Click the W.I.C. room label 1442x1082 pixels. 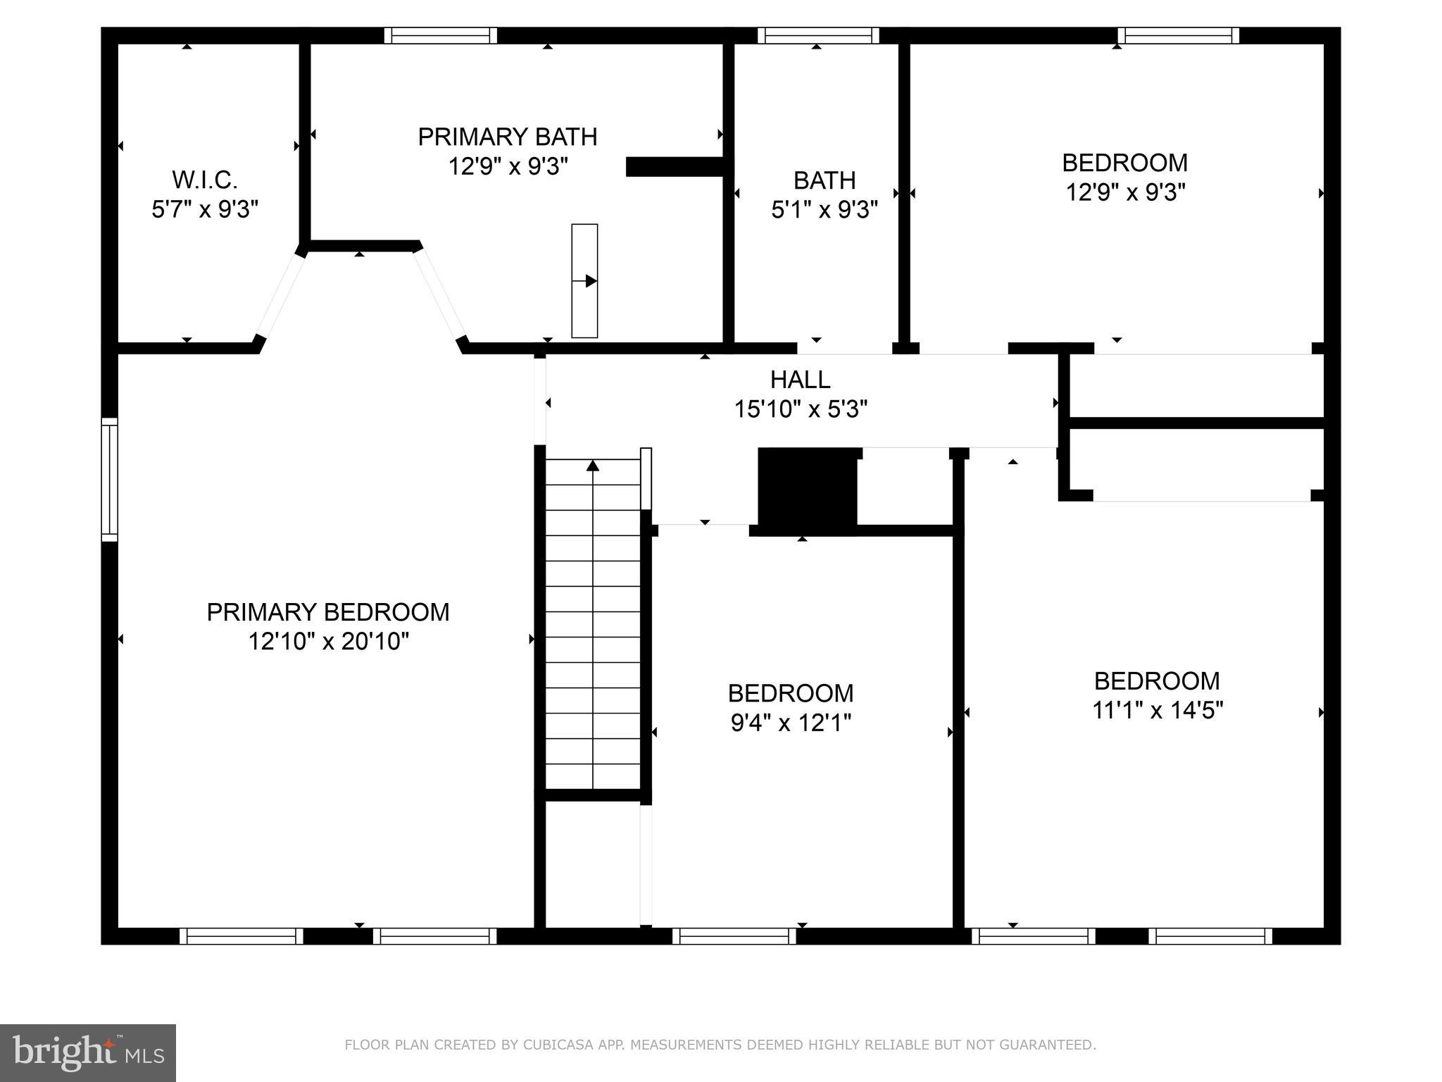(x=205, y=180)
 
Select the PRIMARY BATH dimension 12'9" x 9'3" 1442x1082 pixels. (x=508, y=167)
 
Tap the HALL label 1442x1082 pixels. (x=800, y=380)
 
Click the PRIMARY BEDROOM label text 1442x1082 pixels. (x=327, y=612)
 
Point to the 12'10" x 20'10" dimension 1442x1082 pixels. (x=328, y=642)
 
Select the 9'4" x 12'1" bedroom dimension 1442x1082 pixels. (x=791, y=723)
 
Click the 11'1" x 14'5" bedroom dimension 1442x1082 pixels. (x=1157, y=710)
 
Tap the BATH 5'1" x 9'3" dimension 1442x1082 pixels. (x=824, y=210)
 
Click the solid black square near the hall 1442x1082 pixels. (x=807, y=491)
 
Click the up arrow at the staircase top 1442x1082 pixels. (x=593, y=466)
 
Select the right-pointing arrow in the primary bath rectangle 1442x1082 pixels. (x=590, y=281)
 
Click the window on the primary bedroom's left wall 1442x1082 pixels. (x=109, y=480)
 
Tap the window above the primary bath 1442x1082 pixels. (x=441, y=35)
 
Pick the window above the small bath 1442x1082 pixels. (x=818, y=35)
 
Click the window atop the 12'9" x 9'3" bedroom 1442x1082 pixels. (x=1178, y=35)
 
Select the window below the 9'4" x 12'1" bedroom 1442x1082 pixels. (x=734, y=936)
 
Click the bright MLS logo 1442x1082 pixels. (x=88, y=1052)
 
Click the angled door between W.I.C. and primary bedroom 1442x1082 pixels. (x=280, y=297)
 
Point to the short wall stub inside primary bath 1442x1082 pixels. (x=675, y=167)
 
